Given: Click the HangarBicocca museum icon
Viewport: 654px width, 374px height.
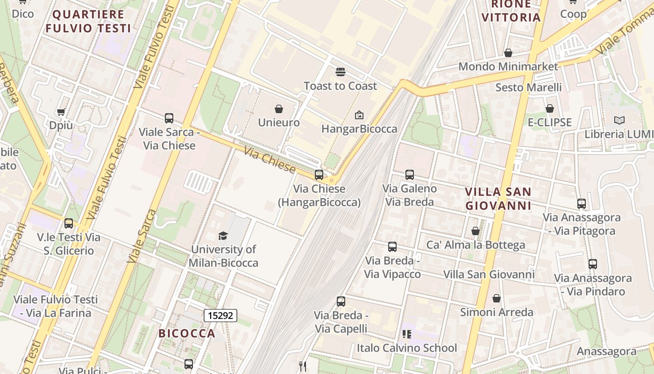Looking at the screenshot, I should pyautogui.click(x=359, y=115).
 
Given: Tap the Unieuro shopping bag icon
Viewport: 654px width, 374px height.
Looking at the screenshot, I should pyautogui.click(x=279, y=109).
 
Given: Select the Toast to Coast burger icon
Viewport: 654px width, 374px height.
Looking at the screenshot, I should pyautogui.click(x=340, y=72).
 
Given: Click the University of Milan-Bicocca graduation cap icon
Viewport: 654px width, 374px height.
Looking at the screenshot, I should pyautogui.click(x=223, y=236).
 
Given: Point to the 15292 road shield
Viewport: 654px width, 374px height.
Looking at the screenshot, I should pyautogui.click(x=220, y=316).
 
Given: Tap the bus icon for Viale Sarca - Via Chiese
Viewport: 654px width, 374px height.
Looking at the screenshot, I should pyautogui.click(x=169, y=118).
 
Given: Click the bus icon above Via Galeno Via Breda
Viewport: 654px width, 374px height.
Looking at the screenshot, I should pyautogui.click(x=410, y=175).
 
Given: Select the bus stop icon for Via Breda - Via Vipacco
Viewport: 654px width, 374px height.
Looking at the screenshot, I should pyautogui.click(x=392, y=247).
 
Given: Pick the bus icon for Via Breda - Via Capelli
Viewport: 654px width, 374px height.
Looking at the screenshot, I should pyautogui.click(x=341, y=302).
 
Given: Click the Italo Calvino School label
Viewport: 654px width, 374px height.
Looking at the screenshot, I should pyautogui.click(x=407, y=348).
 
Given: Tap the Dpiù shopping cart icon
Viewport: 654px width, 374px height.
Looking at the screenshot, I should pyautogui.click(x=61, y=112).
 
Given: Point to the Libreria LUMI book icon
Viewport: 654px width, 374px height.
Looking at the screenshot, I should pyautogui.click(x=619, y=121).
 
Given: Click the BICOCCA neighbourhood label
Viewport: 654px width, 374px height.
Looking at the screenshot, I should pyautogui.click(x=187, y=333).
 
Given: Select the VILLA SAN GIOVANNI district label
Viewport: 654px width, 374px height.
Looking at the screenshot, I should pyautogui.click(x=498, y=199).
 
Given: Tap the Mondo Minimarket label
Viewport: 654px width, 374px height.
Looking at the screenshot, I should pyautogui.click(x=508, y=66).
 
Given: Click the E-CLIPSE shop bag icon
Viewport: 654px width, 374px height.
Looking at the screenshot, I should pyautogui.click(x=550, y=109).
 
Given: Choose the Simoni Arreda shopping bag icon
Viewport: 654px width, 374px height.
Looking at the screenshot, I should pyautogui.click(x=497, y=298).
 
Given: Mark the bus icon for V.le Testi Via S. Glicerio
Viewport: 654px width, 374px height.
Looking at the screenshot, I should pyautogui.click(x=69, y=223).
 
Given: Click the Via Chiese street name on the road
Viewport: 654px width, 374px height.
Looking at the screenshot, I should pyautogui.click(x=270, y=159).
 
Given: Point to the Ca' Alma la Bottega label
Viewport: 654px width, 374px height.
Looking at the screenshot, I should pyautogui.click(x=476, y=245).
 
